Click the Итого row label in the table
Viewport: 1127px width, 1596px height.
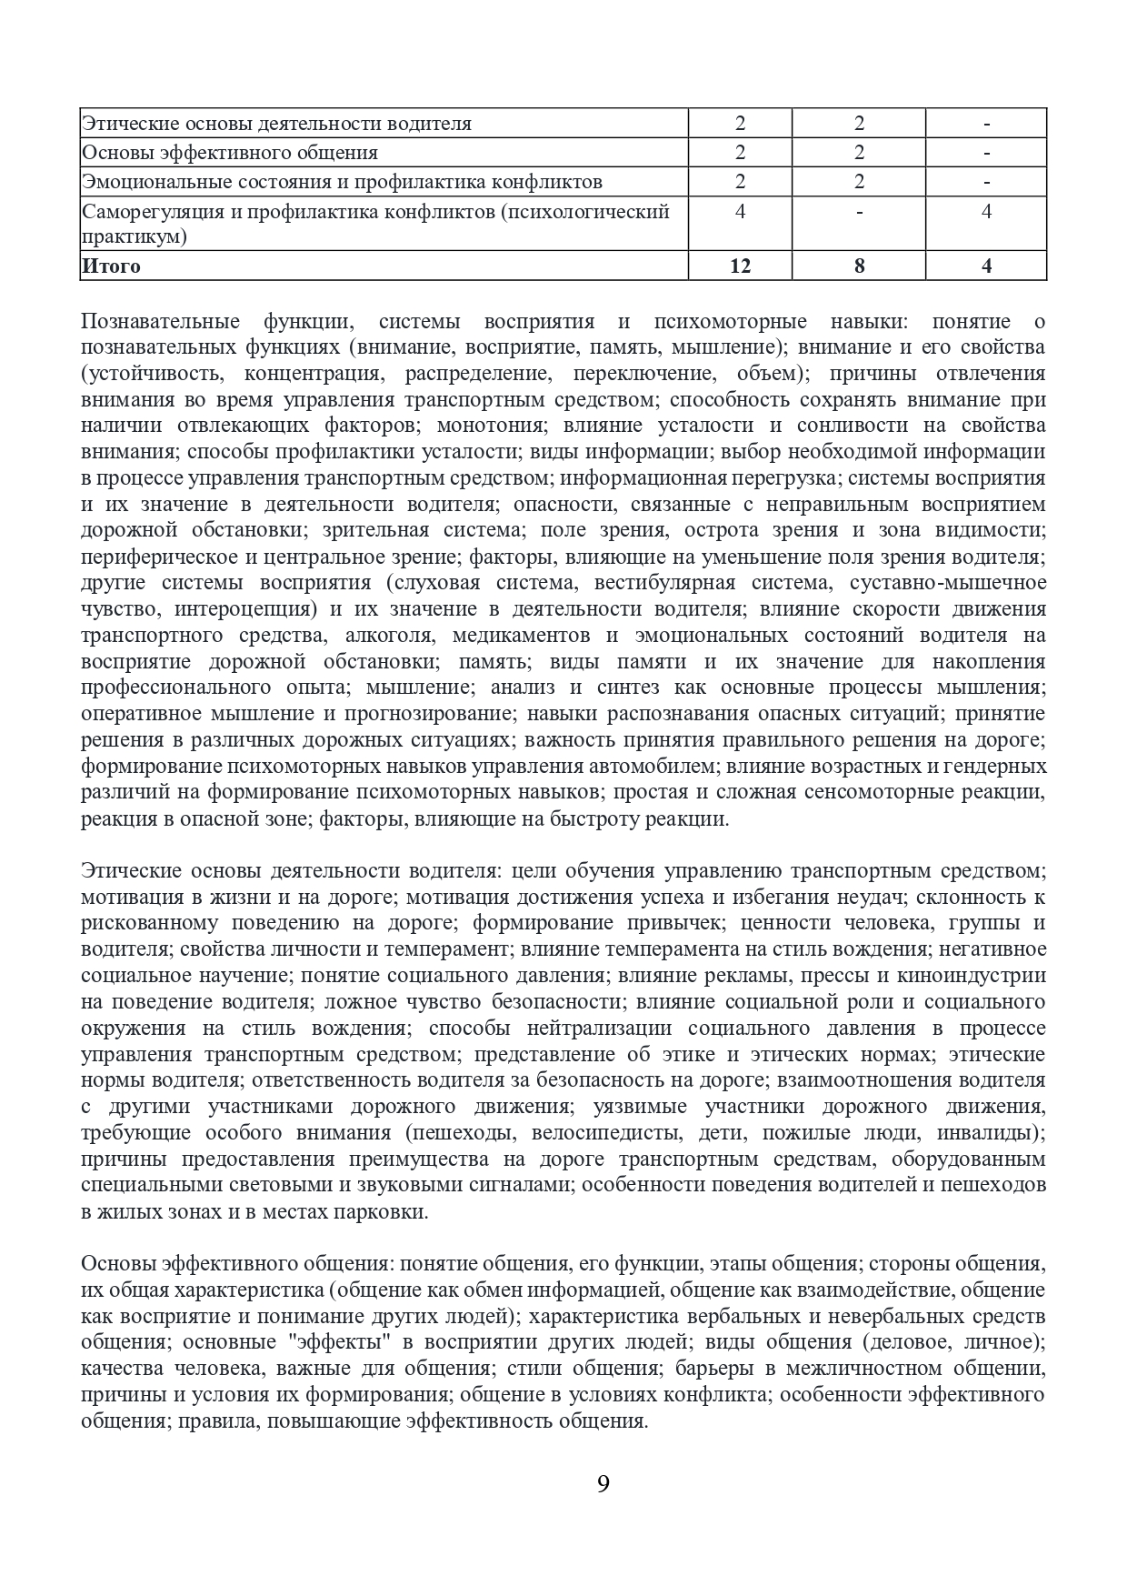(112, 266)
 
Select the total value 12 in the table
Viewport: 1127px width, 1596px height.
(740, 266)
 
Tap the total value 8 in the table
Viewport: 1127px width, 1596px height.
(859, 266)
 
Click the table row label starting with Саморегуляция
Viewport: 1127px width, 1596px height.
(375, 224)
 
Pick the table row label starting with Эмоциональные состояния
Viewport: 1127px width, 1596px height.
(342, 182)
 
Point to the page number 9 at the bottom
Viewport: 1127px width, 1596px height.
(603, 1486)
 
